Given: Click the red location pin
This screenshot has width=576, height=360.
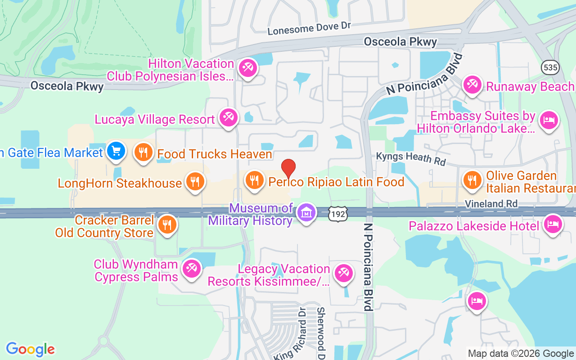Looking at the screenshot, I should pos(288,168).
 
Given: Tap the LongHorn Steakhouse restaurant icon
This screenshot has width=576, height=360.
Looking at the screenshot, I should pos(195,182).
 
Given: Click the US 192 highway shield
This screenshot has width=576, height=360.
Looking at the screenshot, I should pos(337,214).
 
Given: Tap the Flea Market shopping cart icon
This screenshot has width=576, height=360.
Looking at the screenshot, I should pos(117,151).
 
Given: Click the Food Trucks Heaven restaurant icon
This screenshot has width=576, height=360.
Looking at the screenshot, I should pos(144,152).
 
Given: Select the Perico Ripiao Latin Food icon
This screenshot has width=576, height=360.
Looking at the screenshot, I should pos(254,180).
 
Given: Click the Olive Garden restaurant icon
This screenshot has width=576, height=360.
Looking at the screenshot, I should pos(472,180).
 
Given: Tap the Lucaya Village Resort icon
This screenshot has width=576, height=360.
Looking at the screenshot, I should pos(228,117).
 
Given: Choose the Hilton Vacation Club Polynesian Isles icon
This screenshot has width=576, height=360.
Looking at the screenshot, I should pos(247,68).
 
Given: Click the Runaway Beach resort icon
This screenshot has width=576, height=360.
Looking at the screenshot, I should pos(472,85).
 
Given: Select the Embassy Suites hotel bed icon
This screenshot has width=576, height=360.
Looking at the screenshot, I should pos(549,120).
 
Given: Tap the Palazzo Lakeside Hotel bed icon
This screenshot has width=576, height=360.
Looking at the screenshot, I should pos(553,224).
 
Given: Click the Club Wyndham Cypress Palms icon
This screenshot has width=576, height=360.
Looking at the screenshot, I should pos(191,269).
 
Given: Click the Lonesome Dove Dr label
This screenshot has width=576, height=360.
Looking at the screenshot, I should pos(309,28).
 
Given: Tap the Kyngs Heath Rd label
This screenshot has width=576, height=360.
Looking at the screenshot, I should pos(410,157).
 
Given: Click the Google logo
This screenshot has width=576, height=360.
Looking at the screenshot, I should pos(31,349).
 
